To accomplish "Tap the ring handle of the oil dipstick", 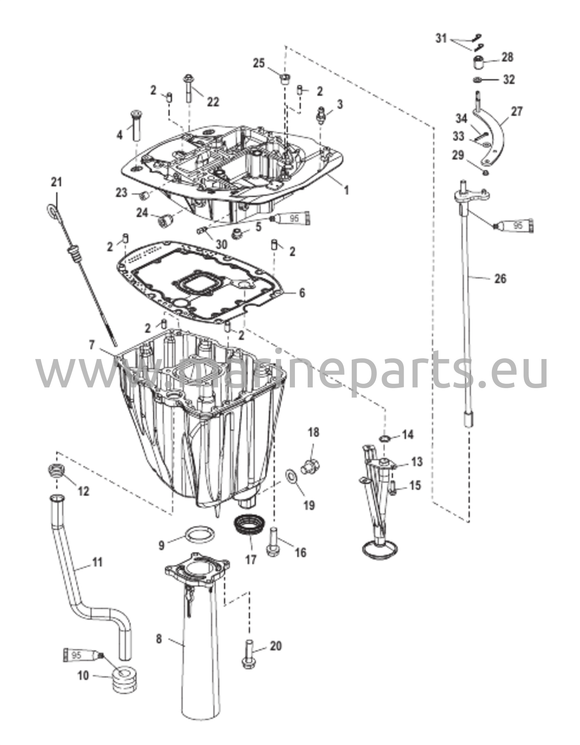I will [x=52, y=211].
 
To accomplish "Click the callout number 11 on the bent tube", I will [x=96, y=562].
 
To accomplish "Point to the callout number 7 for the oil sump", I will [x=92, y=344].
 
